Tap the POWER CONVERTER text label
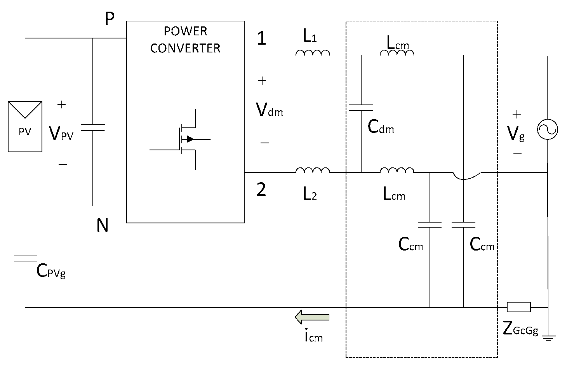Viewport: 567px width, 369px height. (185, 40)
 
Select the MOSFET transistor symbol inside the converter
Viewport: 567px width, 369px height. (186, 139)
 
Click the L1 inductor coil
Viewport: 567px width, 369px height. (313, 53)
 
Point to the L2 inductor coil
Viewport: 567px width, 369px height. (313, 170)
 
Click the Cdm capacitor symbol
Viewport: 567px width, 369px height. (361, 108)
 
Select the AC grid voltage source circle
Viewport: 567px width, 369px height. (547, 129)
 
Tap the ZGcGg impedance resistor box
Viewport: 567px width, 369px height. (518, 307)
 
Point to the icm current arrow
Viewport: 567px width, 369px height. (312, 317)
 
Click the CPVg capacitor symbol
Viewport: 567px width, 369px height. (25, 259)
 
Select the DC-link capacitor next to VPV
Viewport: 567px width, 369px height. (93, 127)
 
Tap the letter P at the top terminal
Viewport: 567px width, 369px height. (110, 19)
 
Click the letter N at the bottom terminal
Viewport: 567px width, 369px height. (103, 225)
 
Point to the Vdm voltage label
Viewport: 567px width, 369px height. (270, 110)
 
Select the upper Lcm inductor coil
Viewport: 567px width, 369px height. (397, 53)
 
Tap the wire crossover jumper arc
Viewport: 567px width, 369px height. (467, 176)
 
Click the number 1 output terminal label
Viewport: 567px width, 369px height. (262, 38)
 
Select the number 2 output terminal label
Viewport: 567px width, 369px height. (261, 190)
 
